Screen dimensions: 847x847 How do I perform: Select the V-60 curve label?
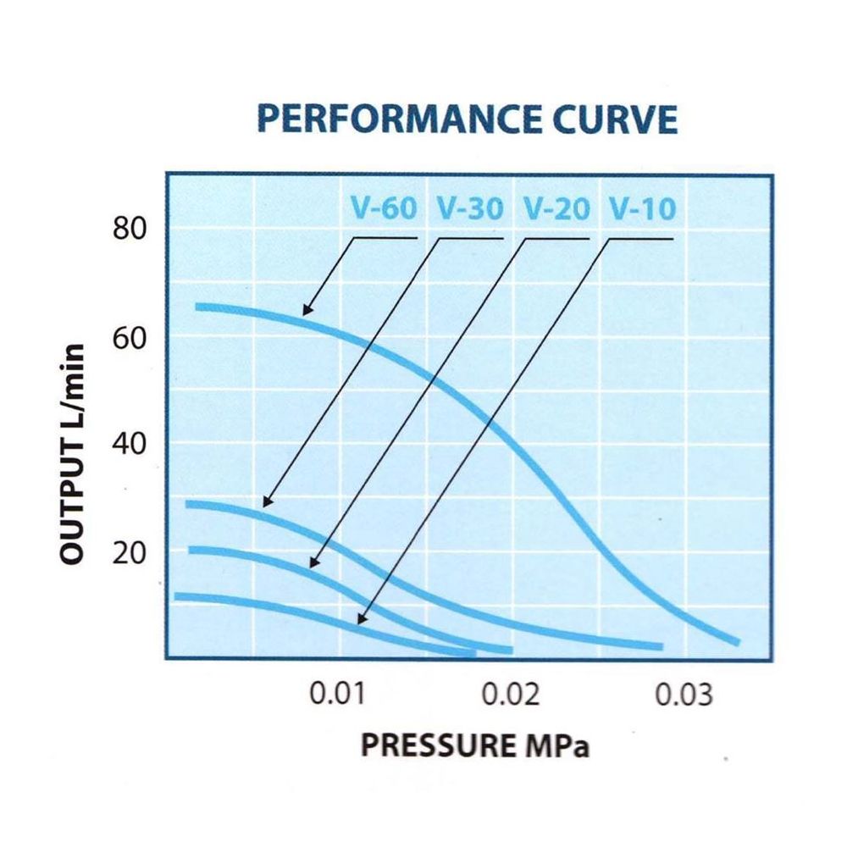[384, 208]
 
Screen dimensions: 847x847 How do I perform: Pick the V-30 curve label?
[470, 208]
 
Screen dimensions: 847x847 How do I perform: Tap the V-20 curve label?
[556, 208]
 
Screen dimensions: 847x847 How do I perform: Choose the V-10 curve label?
[642, 208]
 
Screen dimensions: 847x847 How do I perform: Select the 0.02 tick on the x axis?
[512, 696]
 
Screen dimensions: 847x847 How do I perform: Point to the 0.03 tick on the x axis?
[684, 696]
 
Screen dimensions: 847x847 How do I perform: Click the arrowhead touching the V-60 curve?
[306, 311]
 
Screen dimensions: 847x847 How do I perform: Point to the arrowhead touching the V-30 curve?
[266, 502]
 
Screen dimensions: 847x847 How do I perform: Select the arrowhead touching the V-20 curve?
[313, 563]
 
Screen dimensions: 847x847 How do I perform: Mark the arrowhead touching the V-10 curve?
[362, 621]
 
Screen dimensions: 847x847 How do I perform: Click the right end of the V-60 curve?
[737, 642]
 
